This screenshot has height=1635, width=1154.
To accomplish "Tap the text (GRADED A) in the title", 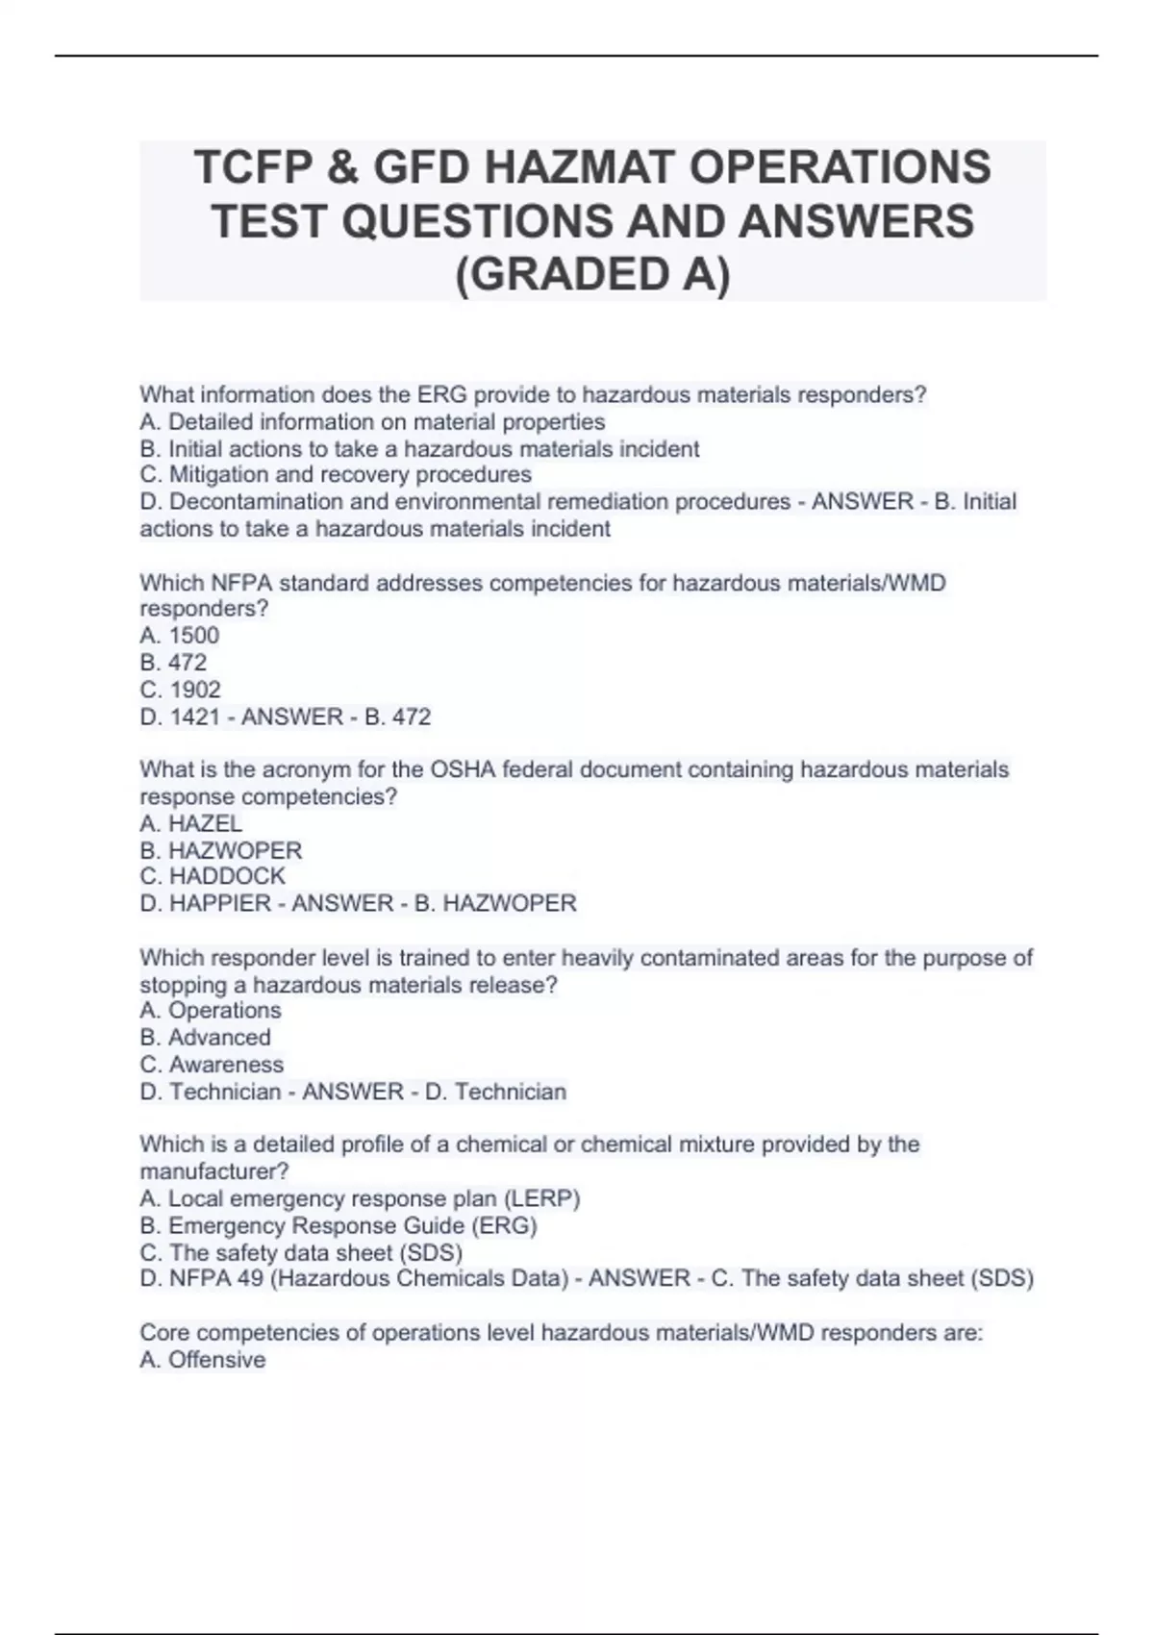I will (x=592, y=274).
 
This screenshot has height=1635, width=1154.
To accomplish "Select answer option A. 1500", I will (x=180, y=636).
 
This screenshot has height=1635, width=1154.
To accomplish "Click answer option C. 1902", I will (x=181, y=690).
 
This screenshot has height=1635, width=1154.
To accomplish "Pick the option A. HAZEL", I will (x=190, y=823).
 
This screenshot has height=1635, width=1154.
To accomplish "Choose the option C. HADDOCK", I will (x=213, y=876).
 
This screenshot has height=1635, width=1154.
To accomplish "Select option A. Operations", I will (x=211, y=1010).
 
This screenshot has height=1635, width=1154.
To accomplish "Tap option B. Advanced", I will (x=205, y=1037).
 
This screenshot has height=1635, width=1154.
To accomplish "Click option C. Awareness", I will (x=212, y=1065).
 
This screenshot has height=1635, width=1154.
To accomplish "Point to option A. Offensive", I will (x=203, y=1360).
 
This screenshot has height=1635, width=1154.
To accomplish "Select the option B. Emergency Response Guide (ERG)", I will (x=339, y=1225).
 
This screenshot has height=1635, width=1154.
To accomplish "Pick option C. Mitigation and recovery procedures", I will (x=336, y=474).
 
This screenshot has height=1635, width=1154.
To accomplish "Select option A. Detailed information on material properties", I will (x=372, y=421).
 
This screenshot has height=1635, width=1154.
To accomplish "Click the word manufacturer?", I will (x=214, y=1171).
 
